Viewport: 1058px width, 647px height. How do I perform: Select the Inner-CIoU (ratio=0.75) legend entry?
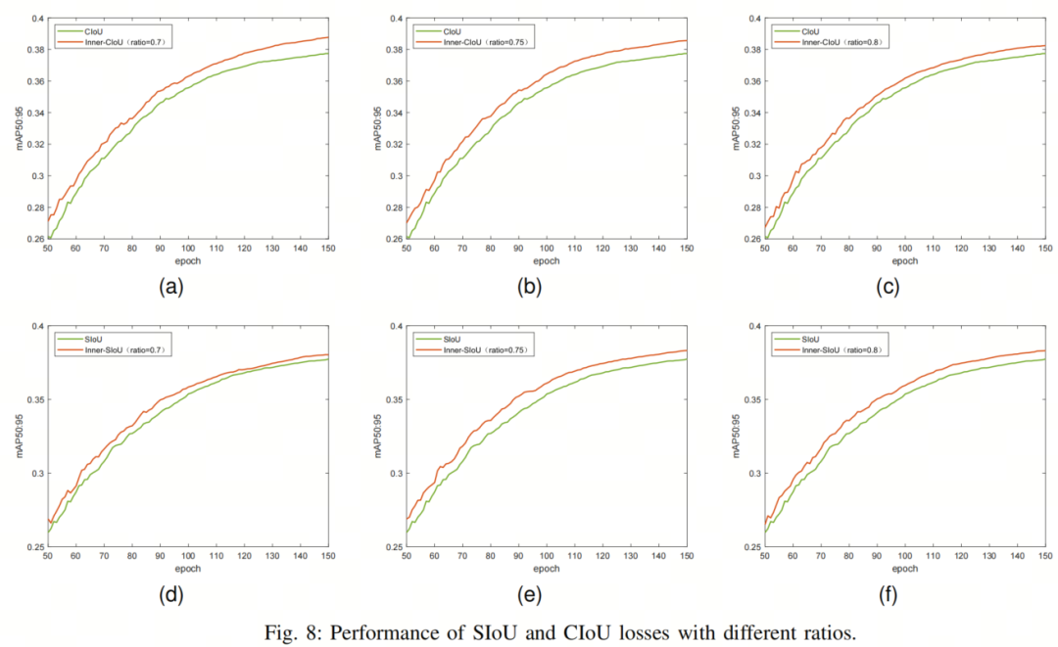(x=471, y=42)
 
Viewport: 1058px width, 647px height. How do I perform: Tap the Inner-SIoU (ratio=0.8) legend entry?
(x=828, y=350)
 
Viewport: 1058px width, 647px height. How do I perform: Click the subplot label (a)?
(x=170, y=288)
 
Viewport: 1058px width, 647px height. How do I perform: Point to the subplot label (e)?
(x=529, y=595)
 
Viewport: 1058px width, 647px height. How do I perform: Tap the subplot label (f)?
(x=888, y=595)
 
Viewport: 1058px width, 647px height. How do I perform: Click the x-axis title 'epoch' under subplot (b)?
(x=547, y=260)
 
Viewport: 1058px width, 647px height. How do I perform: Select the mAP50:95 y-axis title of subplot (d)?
(x=20, y=436)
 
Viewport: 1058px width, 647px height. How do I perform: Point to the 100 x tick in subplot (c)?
(x=905, y=249)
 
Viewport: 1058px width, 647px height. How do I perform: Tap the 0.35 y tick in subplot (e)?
(x=395, y=399)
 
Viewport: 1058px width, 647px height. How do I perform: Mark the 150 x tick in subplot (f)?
(x=1045, y=556)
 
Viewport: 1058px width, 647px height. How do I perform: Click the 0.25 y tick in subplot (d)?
(x=36, y=547)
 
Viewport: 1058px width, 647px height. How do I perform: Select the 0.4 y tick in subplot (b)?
(x=398, y=19)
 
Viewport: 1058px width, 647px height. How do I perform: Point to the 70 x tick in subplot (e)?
(x=462, y=556)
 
